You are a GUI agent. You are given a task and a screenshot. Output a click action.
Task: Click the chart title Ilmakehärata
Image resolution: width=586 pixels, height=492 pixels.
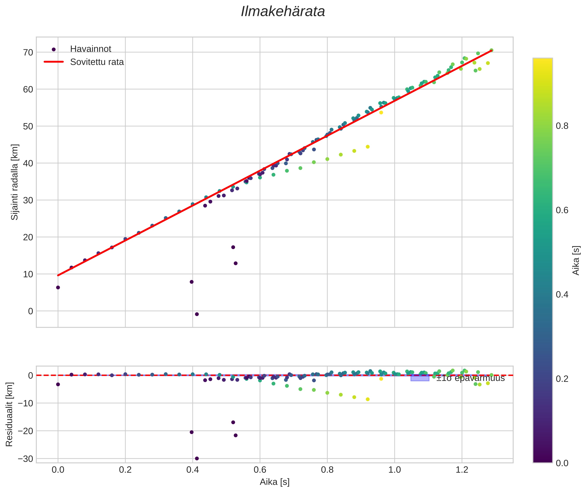283,12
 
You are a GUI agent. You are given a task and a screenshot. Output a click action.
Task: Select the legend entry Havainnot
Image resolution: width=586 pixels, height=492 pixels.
91,49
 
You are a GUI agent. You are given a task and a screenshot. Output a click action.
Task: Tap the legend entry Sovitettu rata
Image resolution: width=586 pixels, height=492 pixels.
97,62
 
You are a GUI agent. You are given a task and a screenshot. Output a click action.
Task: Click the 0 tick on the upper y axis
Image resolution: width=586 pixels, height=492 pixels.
30,311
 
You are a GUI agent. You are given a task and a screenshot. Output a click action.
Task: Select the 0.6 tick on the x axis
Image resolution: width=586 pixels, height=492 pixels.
260,470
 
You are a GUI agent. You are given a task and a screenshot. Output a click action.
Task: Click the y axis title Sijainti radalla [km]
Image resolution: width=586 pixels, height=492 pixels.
14,182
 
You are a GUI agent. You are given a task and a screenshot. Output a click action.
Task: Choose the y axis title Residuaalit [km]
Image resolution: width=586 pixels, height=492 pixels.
9,414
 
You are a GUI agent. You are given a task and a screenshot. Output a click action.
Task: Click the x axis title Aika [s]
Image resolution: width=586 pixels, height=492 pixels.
274,482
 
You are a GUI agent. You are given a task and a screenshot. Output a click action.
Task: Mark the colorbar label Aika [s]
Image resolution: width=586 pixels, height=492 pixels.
576,260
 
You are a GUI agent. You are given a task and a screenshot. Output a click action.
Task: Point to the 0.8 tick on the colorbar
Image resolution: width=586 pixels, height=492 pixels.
562,126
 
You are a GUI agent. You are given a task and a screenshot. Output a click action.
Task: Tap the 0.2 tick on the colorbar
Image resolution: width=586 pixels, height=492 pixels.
562,379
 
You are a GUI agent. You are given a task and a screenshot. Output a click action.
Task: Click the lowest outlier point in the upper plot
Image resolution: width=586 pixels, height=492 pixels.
197,314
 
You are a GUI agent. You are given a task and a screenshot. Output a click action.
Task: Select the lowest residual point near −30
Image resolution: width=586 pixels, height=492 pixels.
197,458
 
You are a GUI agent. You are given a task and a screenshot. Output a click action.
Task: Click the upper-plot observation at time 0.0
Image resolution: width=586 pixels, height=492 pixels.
58,288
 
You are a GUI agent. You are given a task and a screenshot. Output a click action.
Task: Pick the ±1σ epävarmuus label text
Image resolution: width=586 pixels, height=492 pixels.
470,378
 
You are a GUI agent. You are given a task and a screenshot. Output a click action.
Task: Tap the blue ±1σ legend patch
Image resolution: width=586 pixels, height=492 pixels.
420,378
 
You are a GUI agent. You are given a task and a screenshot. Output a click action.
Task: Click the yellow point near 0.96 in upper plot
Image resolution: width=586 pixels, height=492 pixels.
381,113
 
